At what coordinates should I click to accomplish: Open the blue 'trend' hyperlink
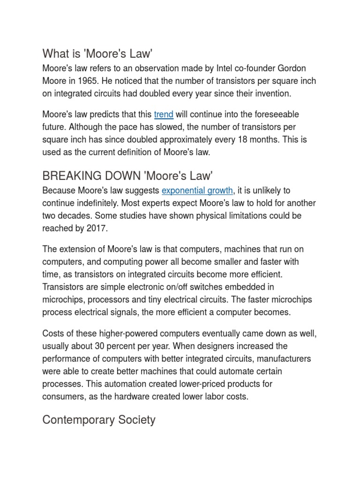click(x=164, y=114)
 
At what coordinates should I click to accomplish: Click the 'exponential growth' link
click(x=197, y=190)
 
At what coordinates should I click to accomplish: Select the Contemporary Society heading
click(x=98, y=420)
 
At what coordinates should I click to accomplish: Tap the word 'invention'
click(x=271, y=94)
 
